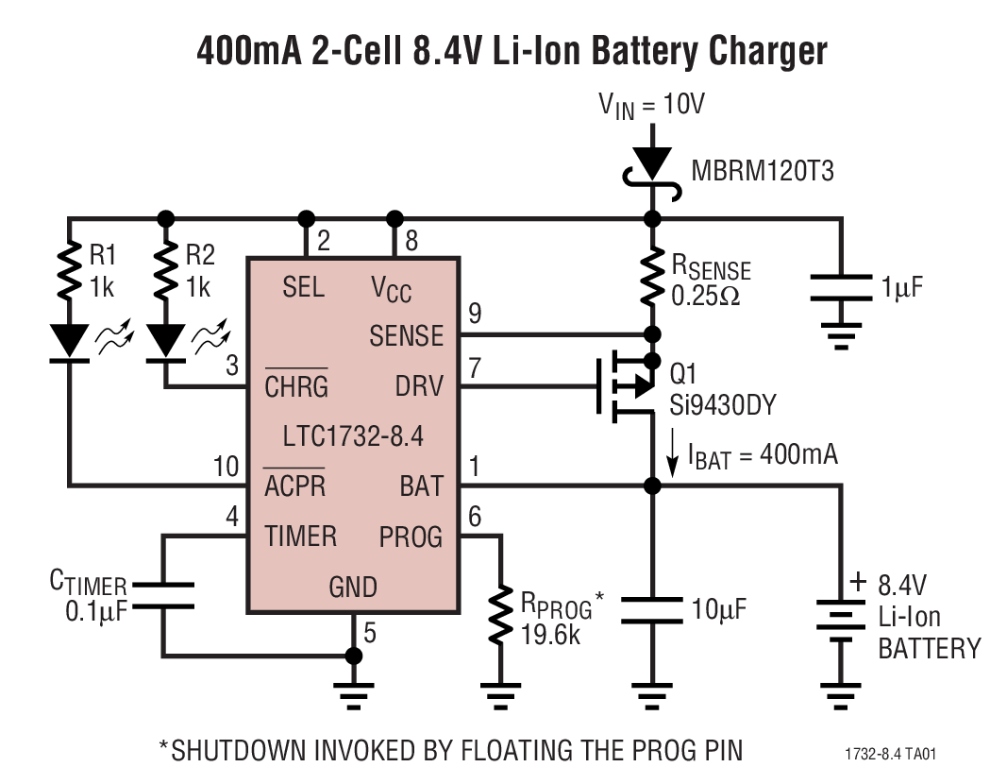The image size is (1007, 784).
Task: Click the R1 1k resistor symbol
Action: (x=70, y=273)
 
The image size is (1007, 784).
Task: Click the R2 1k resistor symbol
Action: (x=166, y=273)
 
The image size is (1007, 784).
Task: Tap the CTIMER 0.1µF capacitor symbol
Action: (x=163, y=595)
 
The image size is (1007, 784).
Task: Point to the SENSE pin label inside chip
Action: (x=406, y=335)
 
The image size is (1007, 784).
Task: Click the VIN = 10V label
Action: (x=651, y=105)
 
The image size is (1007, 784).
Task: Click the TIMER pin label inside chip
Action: (x=300, y=537)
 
